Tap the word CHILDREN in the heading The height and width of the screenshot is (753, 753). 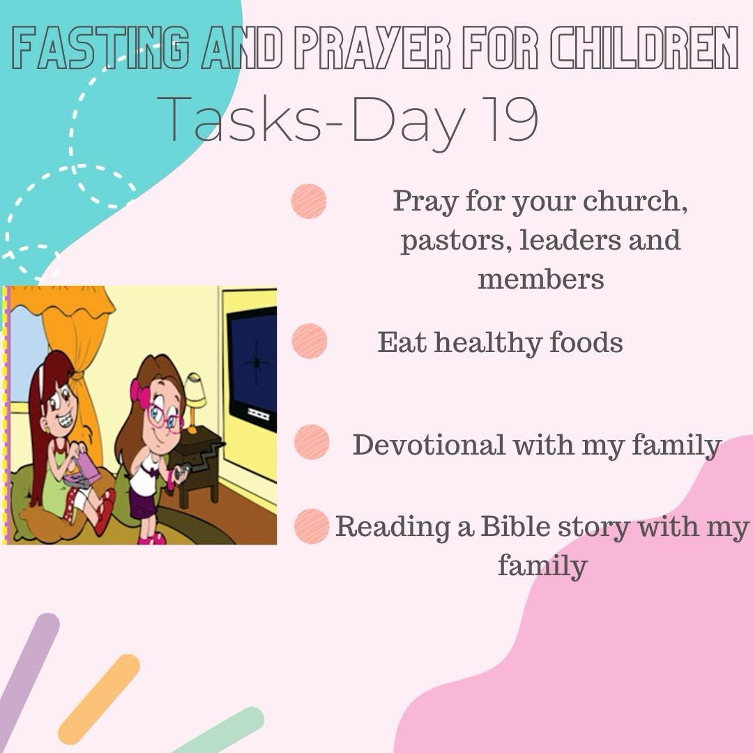coord(644,47)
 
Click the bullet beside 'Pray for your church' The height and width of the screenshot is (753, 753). coord(309,201)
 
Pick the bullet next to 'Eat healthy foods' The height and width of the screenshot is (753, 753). coord(310,341)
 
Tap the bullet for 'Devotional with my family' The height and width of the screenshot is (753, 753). coord(312,442)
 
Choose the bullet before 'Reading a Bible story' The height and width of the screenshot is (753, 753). coord(312,526)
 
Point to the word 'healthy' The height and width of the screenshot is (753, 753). coord(488,343)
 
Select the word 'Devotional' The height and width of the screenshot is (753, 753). coord(428,445)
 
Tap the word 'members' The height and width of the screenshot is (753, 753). coord(541,279)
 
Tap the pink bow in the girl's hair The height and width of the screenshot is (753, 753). coord(140,394)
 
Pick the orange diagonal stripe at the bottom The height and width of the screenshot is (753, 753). coord(99,698)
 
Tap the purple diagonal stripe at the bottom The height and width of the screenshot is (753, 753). coord(28,682)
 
